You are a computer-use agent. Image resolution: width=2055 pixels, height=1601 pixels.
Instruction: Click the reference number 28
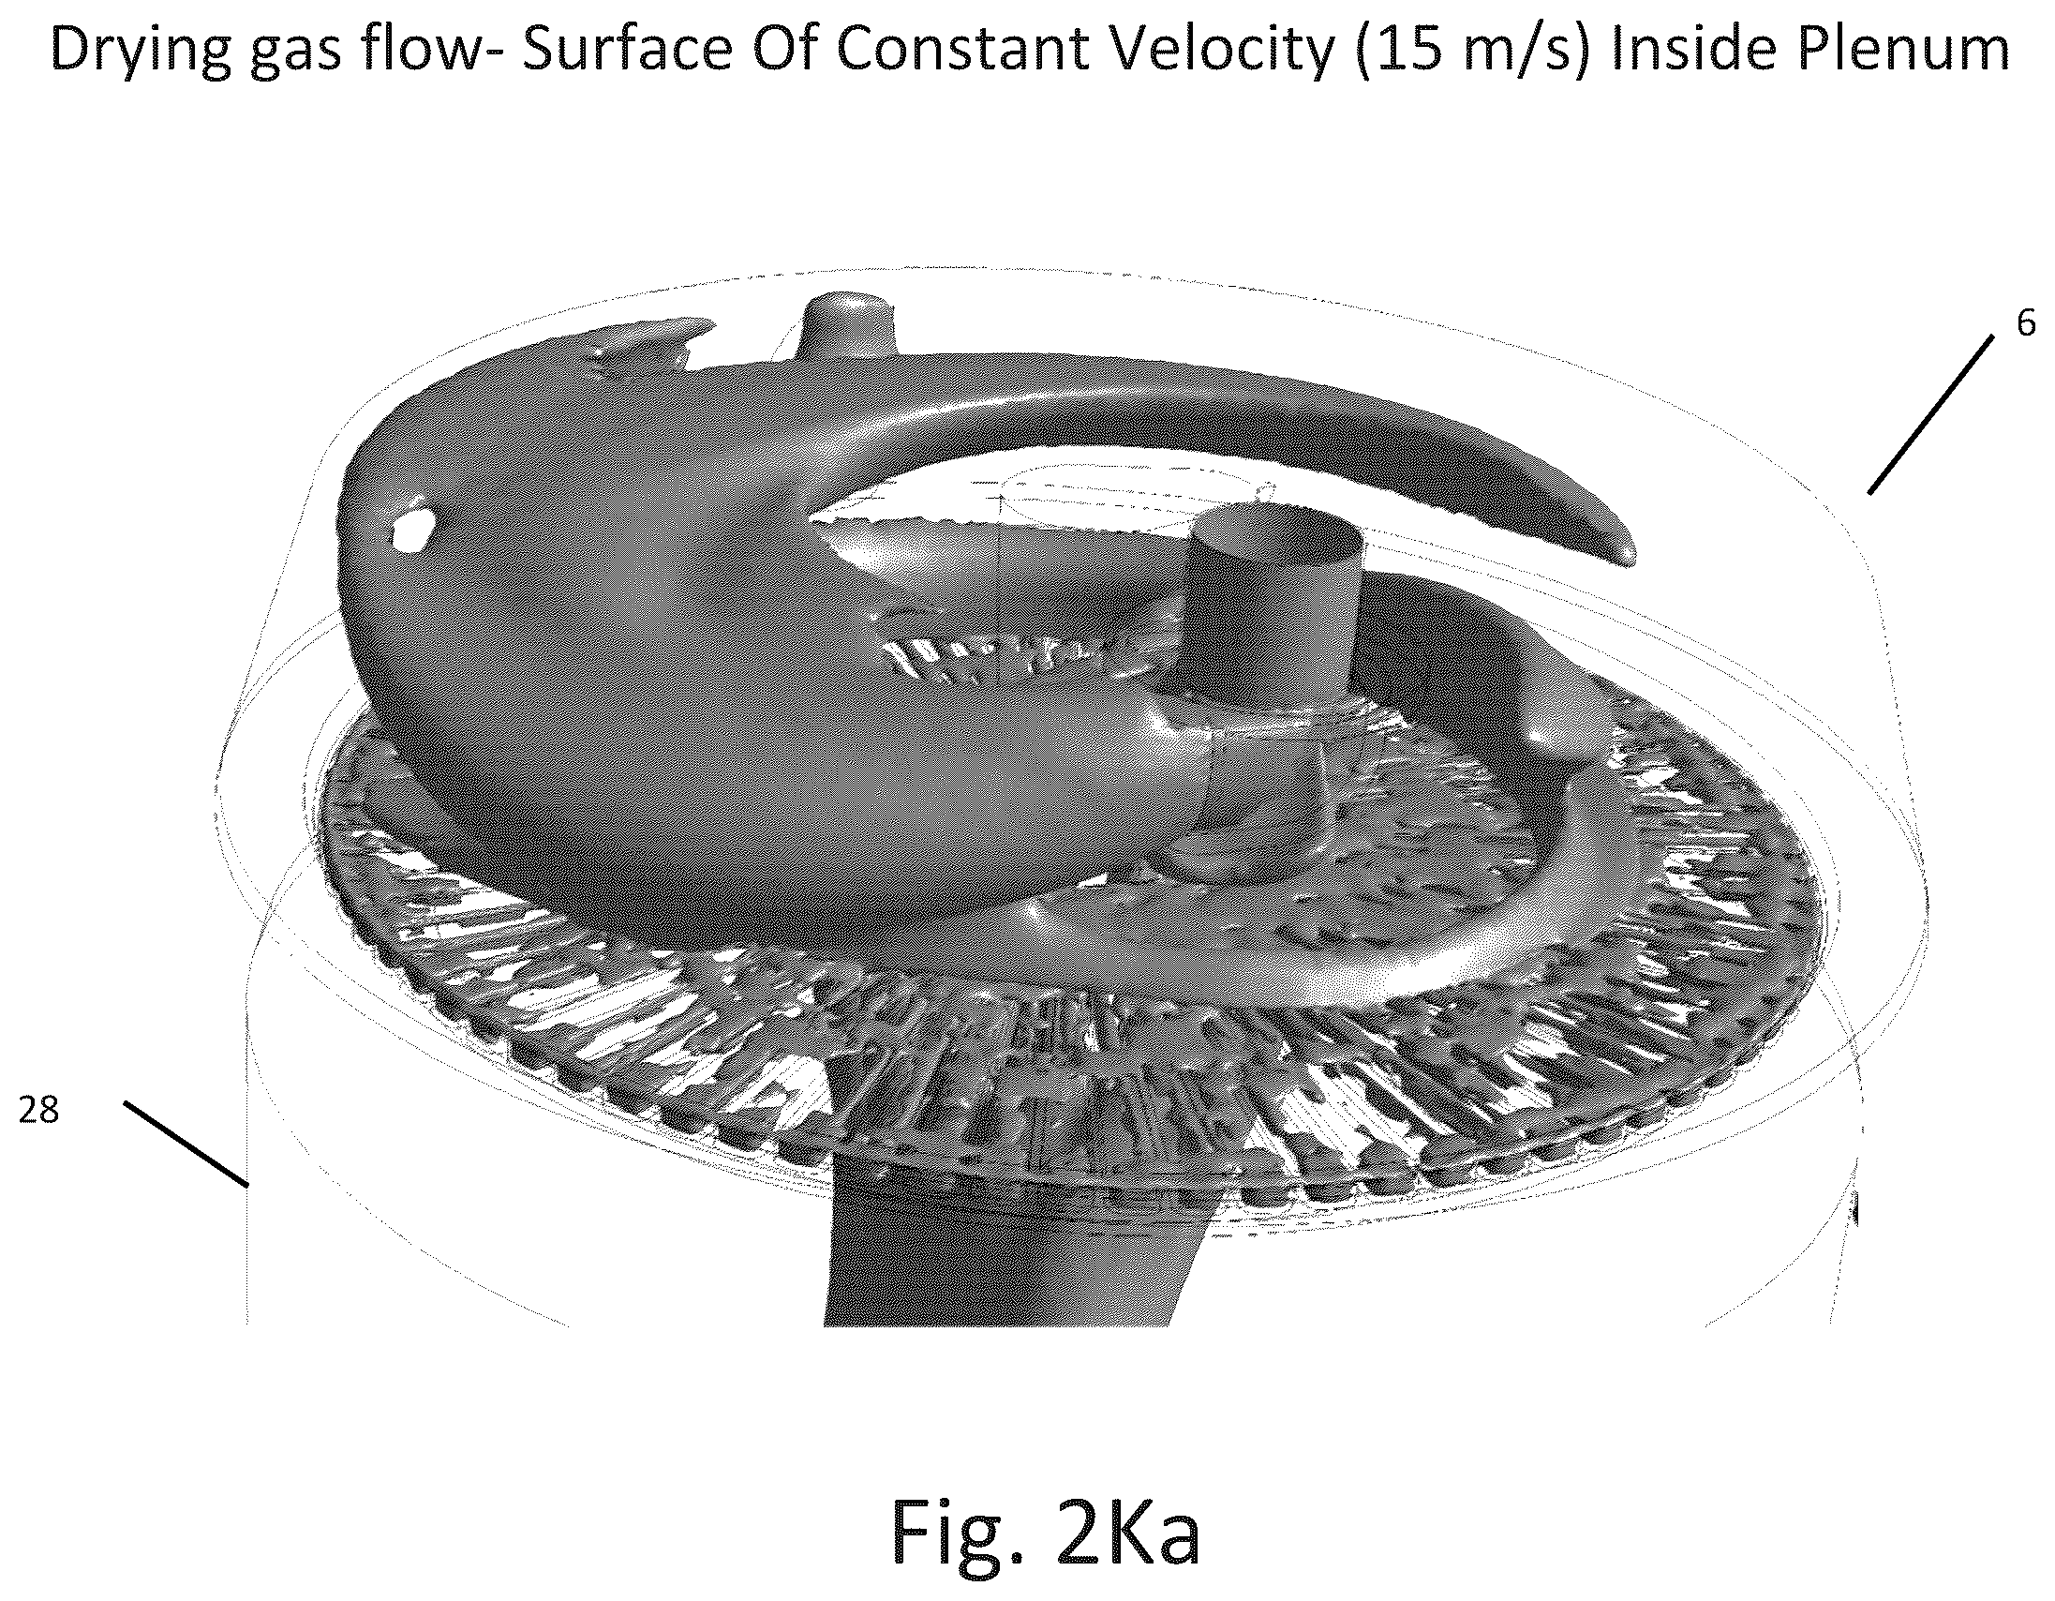pos(38,1112)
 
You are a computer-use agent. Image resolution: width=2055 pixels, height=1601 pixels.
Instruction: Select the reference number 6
pos(2025,322)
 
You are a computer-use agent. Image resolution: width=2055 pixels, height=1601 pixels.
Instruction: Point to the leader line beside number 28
pos(186,1143)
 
